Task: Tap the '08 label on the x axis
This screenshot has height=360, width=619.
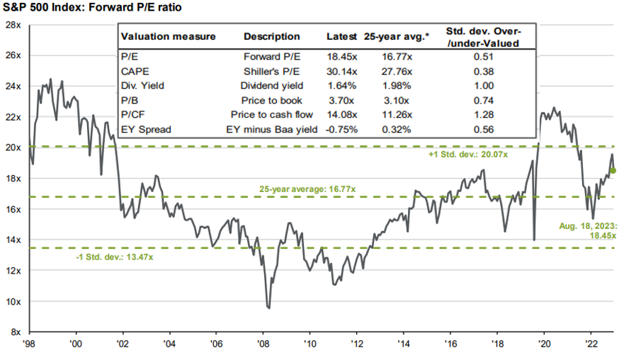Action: click(263, 343)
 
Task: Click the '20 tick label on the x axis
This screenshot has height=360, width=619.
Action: click(545, 343)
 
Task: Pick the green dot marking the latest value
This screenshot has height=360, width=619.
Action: click(613, 171)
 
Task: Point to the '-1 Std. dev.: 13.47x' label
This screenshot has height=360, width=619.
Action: click(116, 257)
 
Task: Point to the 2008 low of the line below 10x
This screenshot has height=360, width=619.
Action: click(269, 308)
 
